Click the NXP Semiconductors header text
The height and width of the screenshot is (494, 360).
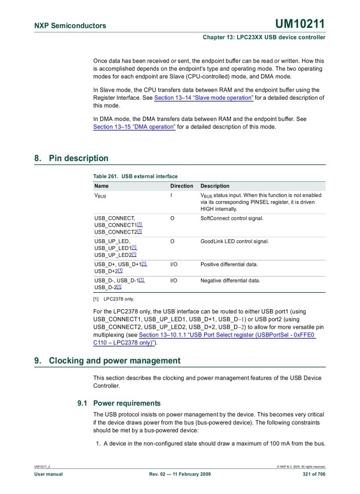(70, 26)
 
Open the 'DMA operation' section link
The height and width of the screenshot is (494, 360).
(134, 127)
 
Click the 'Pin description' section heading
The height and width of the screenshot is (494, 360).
(79, 158)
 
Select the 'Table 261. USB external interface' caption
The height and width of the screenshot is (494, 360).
(135, 176)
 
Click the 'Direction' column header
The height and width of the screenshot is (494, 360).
(182, 186)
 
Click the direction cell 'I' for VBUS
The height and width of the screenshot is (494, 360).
(171, 196)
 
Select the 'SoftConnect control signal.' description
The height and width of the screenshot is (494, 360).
(231, 218)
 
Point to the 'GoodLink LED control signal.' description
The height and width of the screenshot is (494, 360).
(235, 241)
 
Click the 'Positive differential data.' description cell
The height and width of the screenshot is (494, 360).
(229, 264)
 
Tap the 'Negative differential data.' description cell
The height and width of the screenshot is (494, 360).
(230, 280)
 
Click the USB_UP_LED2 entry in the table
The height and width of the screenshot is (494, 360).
(115, 255)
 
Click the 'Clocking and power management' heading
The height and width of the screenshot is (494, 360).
(114, 360)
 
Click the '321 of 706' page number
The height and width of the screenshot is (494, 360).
(314, 474)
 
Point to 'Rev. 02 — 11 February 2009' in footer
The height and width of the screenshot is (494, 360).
(179, 474)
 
